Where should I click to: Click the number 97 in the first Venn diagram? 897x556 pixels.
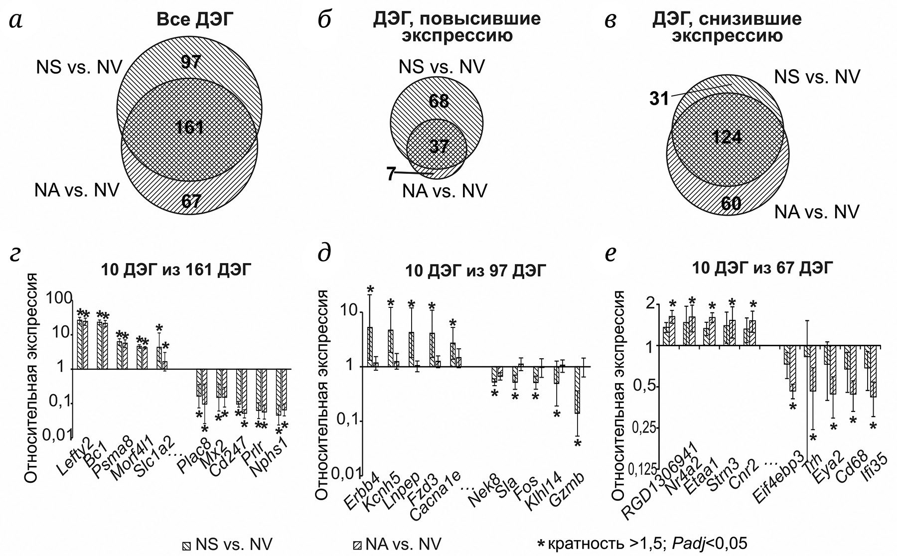coord(190,62)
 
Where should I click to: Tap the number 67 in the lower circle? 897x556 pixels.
coord(191,201)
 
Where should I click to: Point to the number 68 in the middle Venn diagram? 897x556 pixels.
coord(439,101)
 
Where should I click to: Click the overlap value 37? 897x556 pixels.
coord(439,146)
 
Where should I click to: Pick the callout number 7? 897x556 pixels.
coord(391,174)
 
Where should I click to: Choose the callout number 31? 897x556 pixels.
coord(659,99)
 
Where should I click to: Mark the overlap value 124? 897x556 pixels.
coord(727,136)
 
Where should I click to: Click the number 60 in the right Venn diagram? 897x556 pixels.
coord(731,203)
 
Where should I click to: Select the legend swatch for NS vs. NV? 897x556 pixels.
coord(187,545)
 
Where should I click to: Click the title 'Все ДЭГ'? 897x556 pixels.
coord(195,19)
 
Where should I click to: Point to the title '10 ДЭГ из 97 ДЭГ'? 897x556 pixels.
coord(475,271)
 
